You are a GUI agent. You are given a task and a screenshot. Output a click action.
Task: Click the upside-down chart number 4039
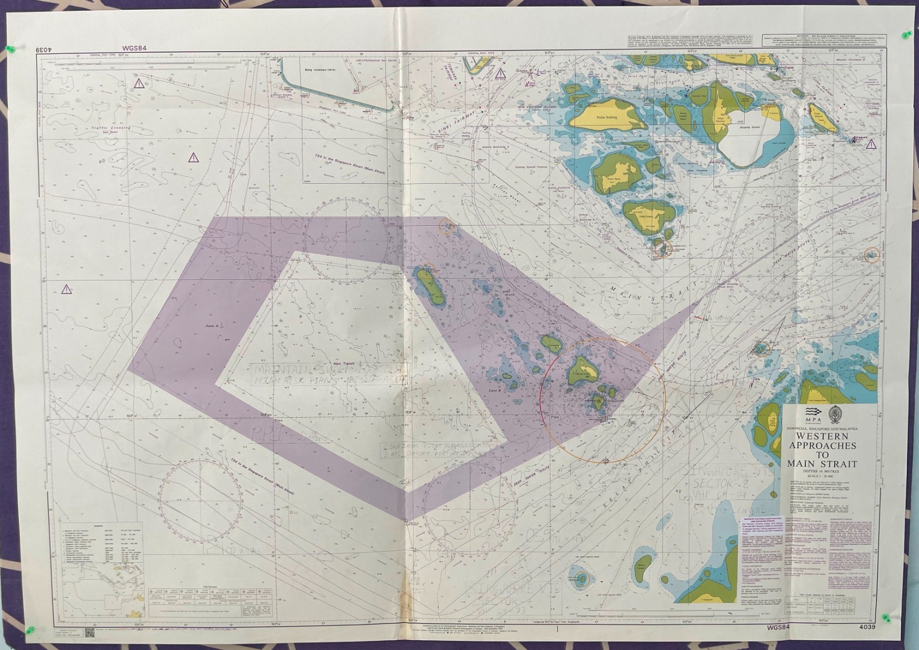[44, 51]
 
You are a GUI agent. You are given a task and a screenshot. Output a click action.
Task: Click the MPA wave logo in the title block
[810, 413]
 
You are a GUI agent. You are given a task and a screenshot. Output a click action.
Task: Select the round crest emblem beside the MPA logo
[833, 413]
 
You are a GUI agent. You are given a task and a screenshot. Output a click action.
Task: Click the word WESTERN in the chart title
[822, 437]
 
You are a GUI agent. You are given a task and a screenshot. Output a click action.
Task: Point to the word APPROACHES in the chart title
[822, 446]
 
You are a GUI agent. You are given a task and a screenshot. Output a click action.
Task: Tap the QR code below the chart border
[90, 633]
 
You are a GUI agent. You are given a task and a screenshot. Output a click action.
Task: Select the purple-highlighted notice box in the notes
[758, 525]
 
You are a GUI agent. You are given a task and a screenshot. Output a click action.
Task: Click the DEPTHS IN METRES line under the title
[822, 471]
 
